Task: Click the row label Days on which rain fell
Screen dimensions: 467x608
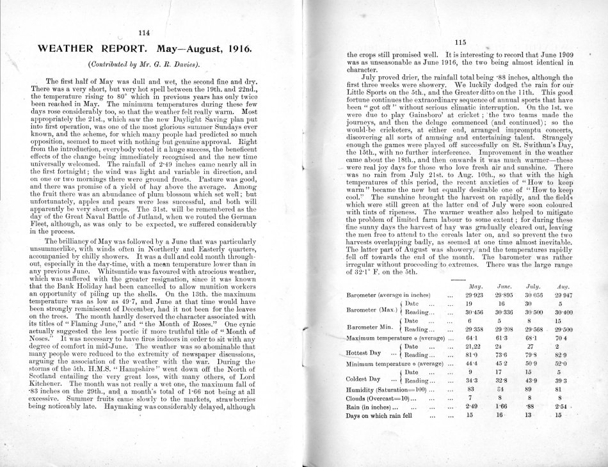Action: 383,415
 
